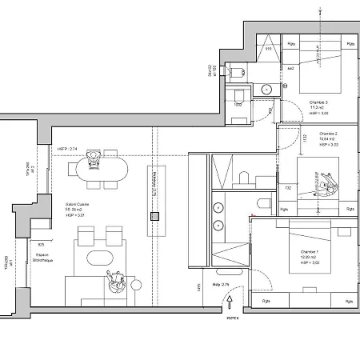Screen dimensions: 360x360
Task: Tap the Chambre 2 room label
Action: point(328,134)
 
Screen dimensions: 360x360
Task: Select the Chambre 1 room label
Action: point(310,250)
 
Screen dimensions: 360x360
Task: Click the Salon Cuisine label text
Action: point(77,204)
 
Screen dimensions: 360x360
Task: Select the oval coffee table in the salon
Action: point(100,258)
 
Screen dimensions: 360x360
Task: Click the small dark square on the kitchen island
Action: point(155,216)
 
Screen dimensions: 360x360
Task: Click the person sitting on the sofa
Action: point(114,281)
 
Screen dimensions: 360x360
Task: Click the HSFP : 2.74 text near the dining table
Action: point(67,149)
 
